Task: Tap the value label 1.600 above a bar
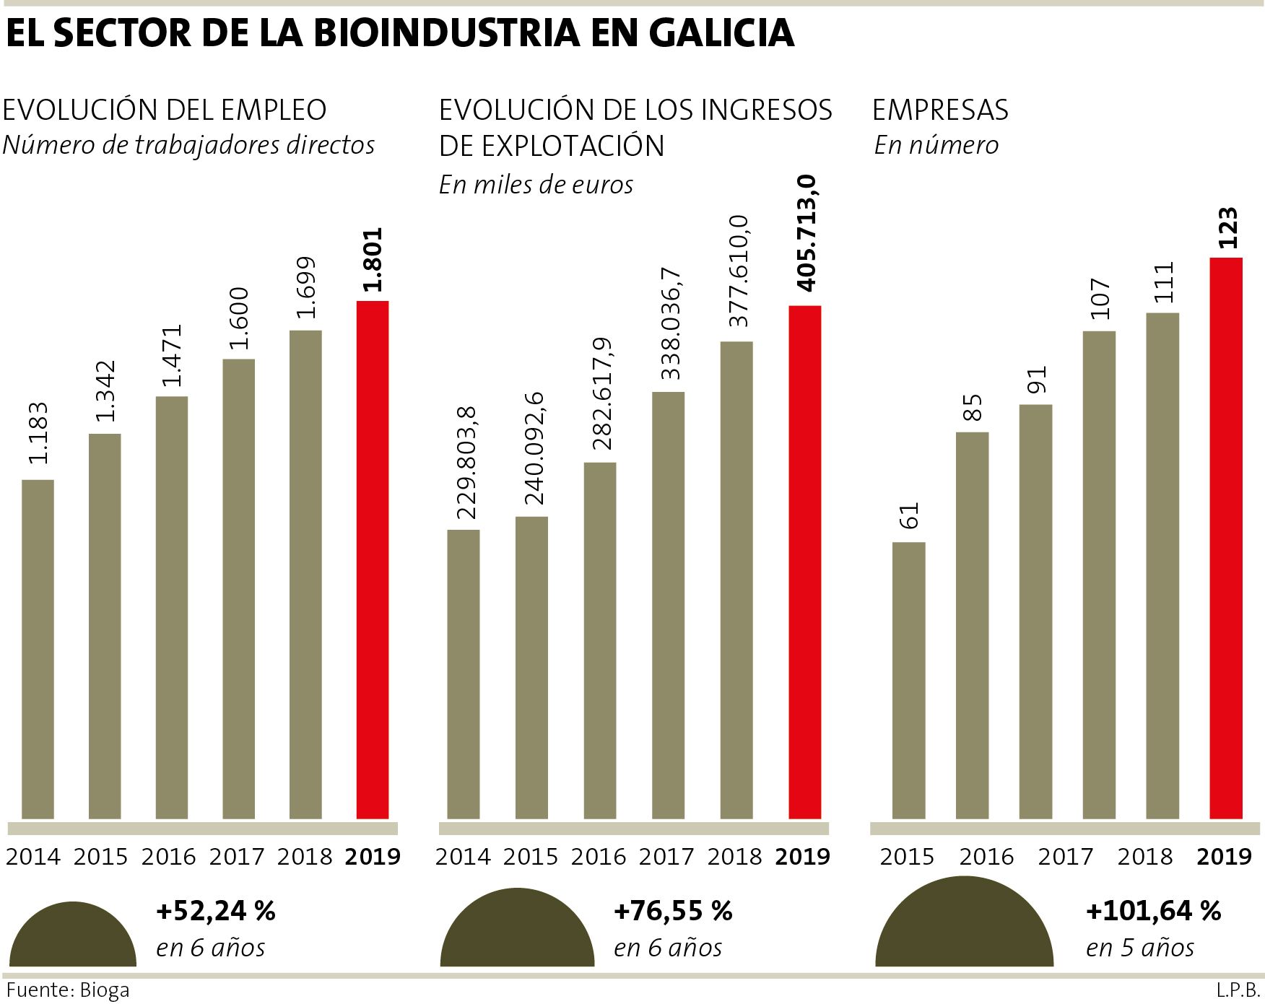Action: (239, 318)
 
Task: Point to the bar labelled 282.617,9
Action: (600, 640)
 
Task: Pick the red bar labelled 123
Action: (1226, 538)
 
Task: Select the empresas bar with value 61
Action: (908, 680)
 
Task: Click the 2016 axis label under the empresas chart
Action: (987, 856)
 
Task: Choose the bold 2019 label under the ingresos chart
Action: (802, 856)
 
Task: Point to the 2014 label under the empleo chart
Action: (33, 856)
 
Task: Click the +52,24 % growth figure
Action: (216, 911)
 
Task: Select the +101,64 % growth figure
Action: (1153, 911)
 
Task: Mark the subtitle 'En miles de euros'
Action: (536, 185)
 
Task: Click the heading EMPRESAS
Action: (940, 110)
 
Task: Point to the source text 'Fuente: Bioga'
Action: (68, 990)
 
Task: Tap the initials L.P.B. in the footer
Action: (1238, 990)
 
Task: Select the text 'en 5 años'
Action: (1140, 948)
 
